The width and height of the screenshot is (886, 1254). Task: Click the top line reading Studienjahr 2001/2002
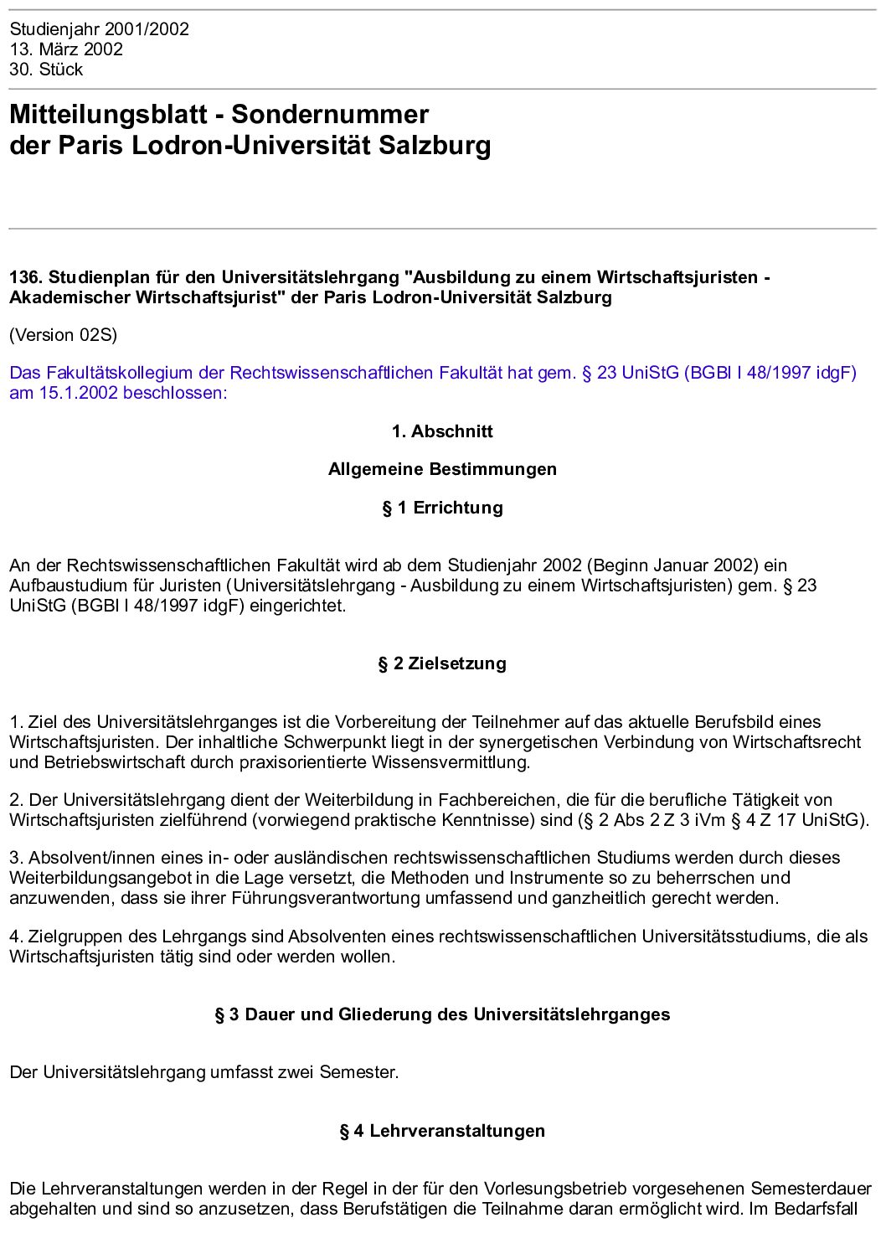pos(99,29)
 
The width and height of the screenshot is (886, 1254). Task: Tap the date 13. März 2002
pos(66,49)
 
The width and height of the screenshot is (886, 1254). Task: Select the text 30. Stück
pos(46,70)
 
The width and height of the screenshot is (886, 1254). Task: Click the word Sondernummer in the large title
pos(330,114)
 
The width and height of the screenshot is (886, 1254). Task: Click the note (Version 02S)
pos(64,335)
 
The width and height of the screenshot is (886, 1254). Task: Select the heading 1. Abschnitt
pos(442,431)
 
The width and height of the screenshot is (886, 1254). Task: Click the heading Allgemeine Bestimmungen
pos(442,469)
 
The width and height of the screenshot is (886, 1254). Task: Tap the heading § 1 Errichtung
pos(442,508)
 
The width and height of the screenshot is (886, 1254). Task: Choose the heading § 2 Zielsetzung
pos(442,663)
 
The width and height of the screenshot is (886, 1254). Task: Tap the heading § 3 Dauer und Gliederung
pos(442,1014)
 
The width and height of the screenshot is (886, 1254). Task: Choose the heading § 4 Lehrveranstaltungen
pos(442,1131)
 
